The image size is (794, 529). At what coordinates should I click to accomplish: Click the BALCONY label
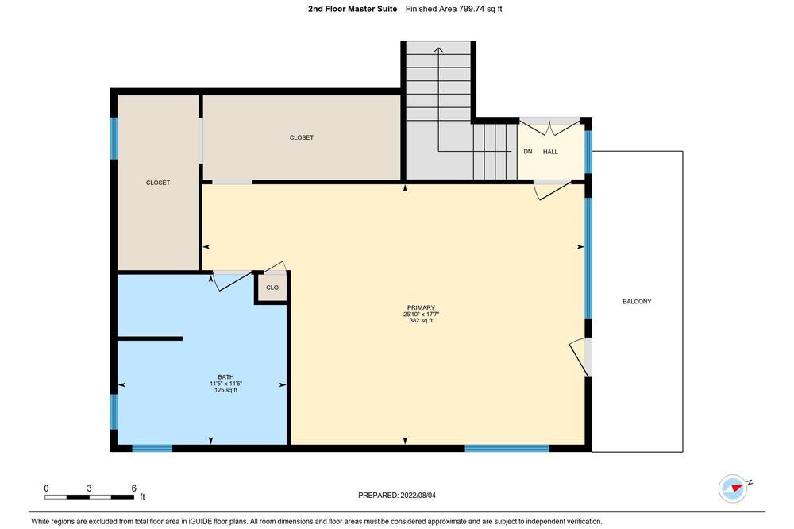[637, 302]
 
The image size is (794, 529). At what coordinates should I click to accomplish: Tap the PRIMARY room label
[421, 307]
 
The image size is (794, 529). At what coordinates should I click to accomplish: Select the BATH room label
[225, 377]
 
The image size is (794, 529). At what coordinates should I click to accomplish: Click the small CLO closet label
[272, 288]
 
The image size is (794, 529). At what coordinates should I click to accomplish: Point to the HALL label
[550, 152]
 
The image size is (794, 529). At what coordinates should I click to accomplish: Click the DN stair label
[528, 152]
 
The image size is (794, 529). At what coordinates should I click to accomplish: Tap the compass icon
[733, 488]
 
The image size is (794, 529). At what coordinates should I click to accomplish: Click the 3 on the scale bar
[89, 488]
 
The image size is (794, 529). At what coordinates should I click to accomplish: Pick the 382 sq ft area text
[421, 320]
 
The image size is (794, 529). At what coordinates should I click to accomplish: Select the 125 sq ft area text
[225, 390]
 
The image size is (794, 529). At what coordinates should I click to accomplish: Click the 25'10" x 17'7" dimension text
[421, 315]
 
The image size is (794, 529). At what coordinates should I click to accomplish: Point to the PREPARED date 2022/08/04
[397, 496]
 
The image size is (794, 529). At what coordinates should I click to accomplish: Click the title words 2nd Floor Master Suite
[353, 9]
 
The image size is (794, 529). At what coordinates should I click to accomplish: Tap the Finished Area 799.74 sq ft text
[453, 9]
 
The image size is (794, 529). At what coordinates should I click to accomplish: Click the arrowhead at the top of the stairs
[438, 50]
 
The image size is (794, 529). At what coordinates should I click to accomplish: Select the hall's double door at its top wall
[550, 126]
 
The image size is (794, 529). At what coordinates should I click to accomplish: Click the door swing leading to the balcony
[578, 357]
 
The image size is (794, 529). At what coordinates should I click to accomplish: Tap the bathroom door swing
[231, 282]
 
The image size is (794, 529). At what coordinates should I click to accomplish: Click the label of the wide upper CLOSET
[301, 137]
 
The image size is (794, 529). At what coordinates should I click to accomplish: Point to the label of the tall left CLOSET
[158, 183]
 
